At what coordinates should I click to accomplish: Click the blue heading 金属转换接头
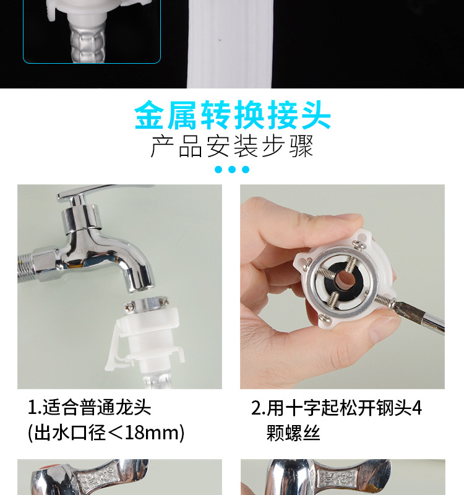[x=233, y=115]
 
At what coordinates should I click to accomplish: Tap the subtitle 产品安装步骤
[x=232, y=146]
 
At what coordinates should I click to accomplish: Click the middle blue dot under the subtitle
[x=232, y=170]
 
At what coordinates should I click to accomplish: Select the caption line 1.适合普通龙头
[x=89, y=407]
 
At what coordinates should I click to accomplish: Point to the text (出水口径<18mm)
[x=106, y=433]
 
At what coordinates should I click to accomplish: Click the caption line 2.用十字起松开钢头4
[x=337, y=408]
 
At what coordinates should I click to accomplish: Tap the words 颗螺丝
[x=293, y=433]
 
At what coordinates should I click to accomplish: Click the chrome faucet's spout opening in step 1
[x=142, y=287]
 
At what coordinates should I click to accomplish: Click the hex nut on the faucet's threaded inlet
[x=48, y=264]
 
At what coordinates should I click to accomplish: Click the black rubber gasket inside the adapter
[x=341, y=280]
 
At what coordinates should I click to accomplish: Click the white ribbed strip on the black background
[x=230, y=44]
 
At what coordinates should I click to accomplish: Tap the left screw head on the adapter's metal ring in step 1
[x=129, y=306]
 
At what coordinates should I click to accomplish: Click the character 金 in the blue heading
[x=149, y=115]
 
